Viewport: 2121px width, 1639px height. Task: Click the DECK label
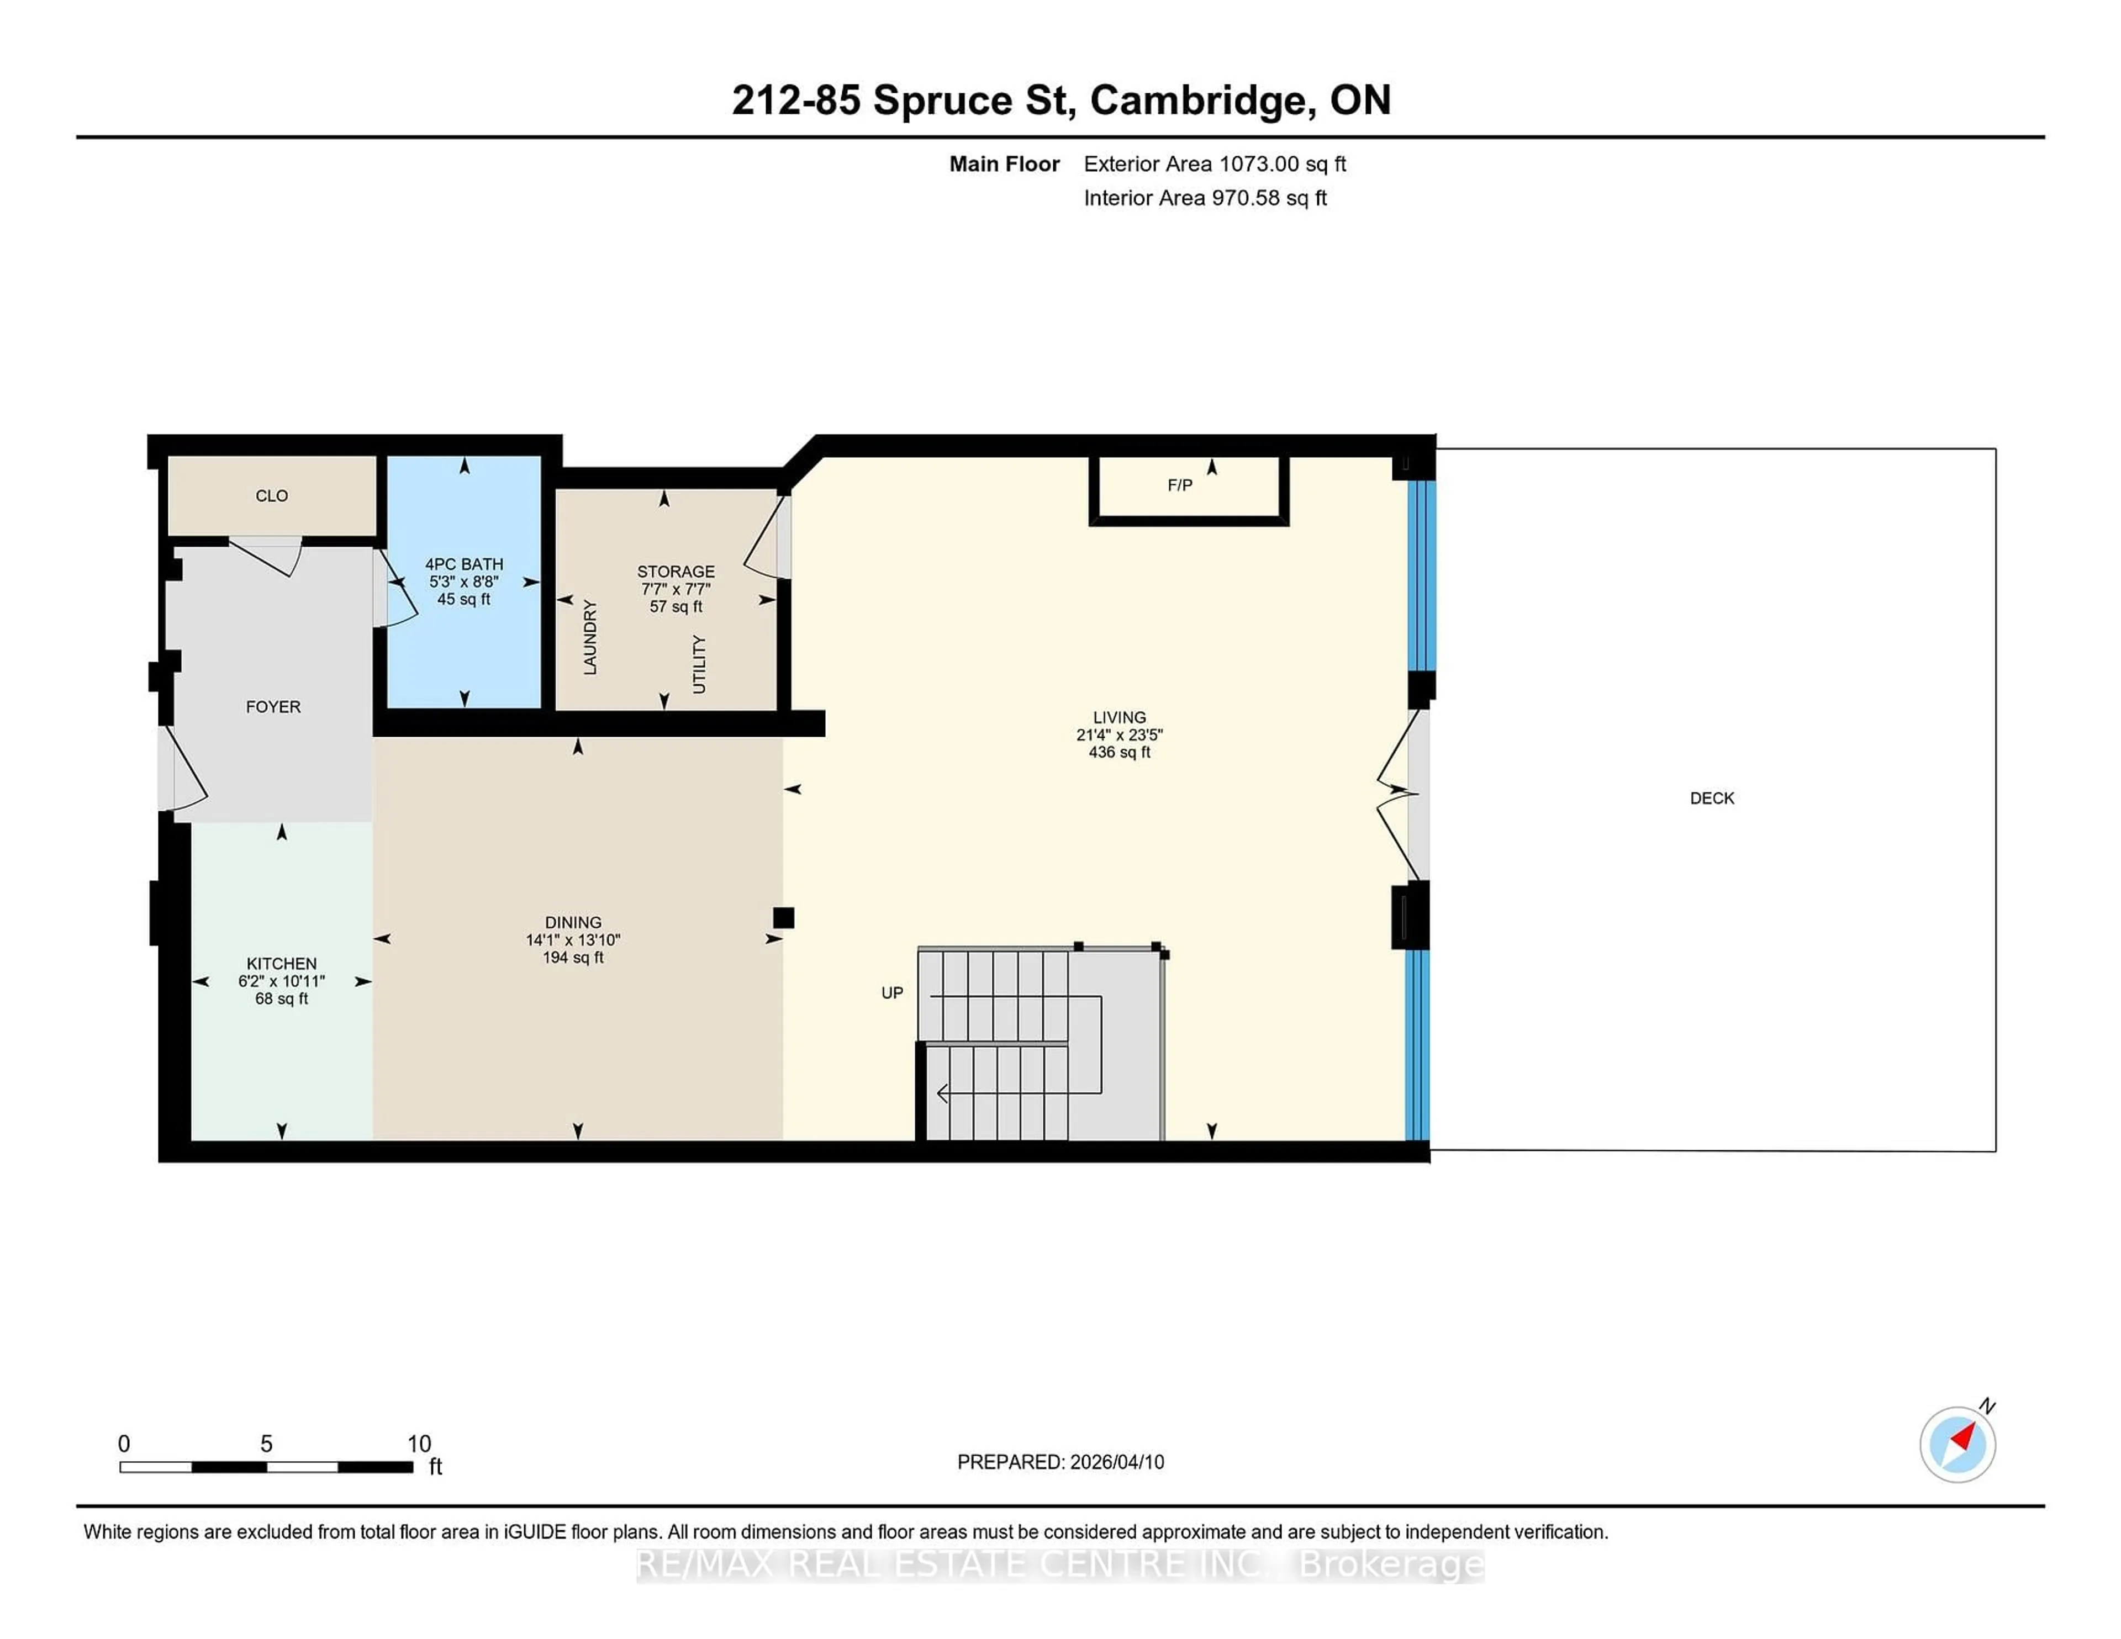pyautogui.click(x=1711, y=798)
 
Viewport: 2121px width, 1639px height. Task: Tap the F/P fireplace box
pyautogui.click(x=1189, y=488)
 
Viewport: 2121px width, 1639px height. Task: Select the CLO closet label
pyautogui.click(x=272, y=496)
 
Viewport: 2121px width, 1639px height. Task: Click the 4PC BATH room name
pyautogui.click(x=464, y=564)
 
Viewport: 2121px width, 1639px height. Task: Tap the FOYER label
pyautogui.click(x=273, y=707)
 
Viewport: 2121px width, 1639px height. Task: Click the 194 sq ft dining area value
pyautogui.click(x=573, y=958)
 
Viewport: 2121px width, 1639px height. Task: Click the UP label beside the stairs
pyautogui.click(x=891, y=992)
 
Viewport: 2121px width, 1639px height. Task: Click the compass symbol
pyautogui.click(x=1957, y=1444)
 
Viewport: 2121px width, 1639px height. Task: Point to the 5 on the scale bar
pyautogui.click(x=266, y=1444)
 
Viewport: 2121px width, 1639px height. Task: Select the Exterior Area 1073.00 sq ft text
pyautogui.click(x=1214, y=164)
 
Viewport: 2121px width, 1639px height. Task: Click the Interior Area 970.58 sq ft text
pyautogui.click(x=1204, y=198)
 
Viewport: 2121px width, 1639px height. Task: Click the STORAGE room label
pyautogui.click(x=676, y=572)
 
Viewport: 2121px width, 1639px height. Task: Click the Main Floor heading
pyautogui.click(x=1004, y=164)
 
